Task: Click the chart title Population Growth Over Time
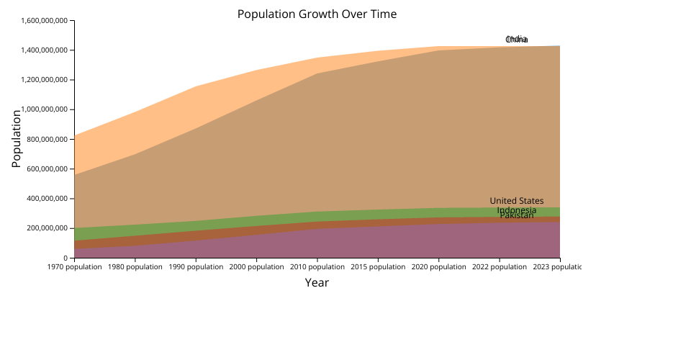[x=317, y=14]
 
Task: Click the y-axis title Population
[x=16, y=139]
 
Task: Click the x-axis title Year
[x=317, y=282]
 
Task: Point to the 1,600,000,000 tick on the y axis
[x=44, y=21]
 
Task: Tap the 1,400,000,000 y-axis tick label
[x=44, y=50]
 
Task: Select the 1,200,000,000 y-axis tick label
[x=44, y=80]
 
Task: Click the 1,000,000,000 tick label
[x=44, y=109]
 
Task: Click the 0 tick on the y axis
[x=66, y=258]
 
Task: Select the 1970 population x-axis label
[x=75, y=267]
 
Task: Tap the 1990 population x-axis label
[x=196, y=267]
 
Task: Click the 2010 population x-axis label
[x=317, y=267]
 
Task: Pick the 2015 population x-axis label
[x=378, y=267]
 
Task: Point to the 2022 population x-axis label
[x=500, y=267]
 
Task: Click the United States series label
[x=517, y=201]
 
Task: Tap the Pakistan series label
[x=517, y=215]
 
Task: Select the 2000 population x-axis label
[x=257, y=267]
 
